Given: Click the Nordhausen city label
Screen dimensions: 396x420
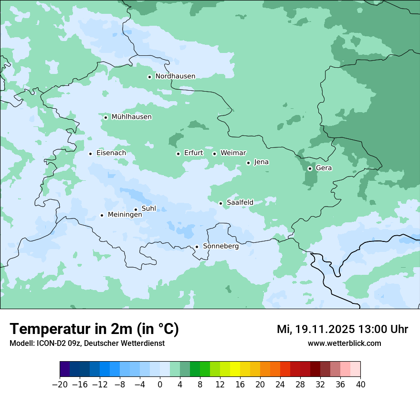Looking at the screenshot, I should pos(175,76).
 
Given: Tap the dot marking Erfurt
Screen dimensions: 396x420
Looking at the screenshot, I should pos(178,154).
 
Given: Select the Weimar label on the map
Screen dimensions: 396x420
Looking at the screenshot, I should pos(233,153).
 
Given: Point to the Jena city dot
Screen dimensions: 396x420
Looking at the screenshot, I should pos(248,163).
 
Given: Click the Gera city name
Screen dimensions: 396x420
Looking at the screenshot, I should pos(324,168).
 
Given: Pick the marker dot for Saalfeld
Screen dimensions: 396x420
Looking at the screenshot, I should pos(220,203).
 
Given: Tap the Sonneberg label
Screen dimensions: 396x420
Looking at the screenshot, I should pos(220,246).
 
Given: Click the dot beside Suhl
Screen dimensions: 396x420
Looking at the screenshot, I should pos(136,209).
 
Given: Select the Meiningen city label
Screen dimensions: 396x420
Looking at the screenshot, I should pos(125,215).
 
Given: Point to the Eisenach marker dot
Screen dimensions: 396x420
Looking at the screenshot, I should pos(90,154).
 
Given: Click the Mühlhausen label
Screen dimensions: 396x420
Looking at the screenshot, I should pos(132,117).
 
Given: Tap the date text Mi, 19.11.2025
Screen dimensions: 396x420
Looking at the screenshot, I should pos(315,329).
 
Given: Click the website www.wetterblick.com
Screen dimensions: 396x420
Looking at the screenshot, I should pos(344,343).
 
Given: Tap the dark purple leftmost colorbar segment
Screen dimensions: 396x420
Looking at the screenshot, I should pos(64,369).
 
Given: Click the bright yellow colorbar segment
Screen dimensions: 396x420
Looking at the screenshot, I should pos(235,369).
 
